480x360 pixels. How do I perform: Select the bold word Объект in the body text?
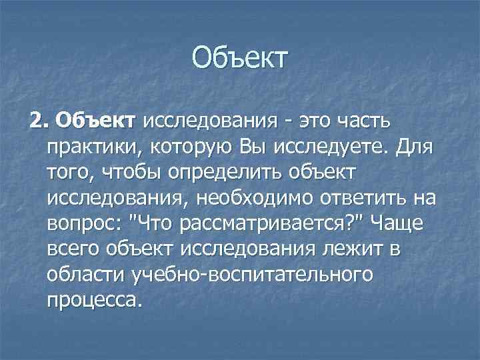pos(97,121)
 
